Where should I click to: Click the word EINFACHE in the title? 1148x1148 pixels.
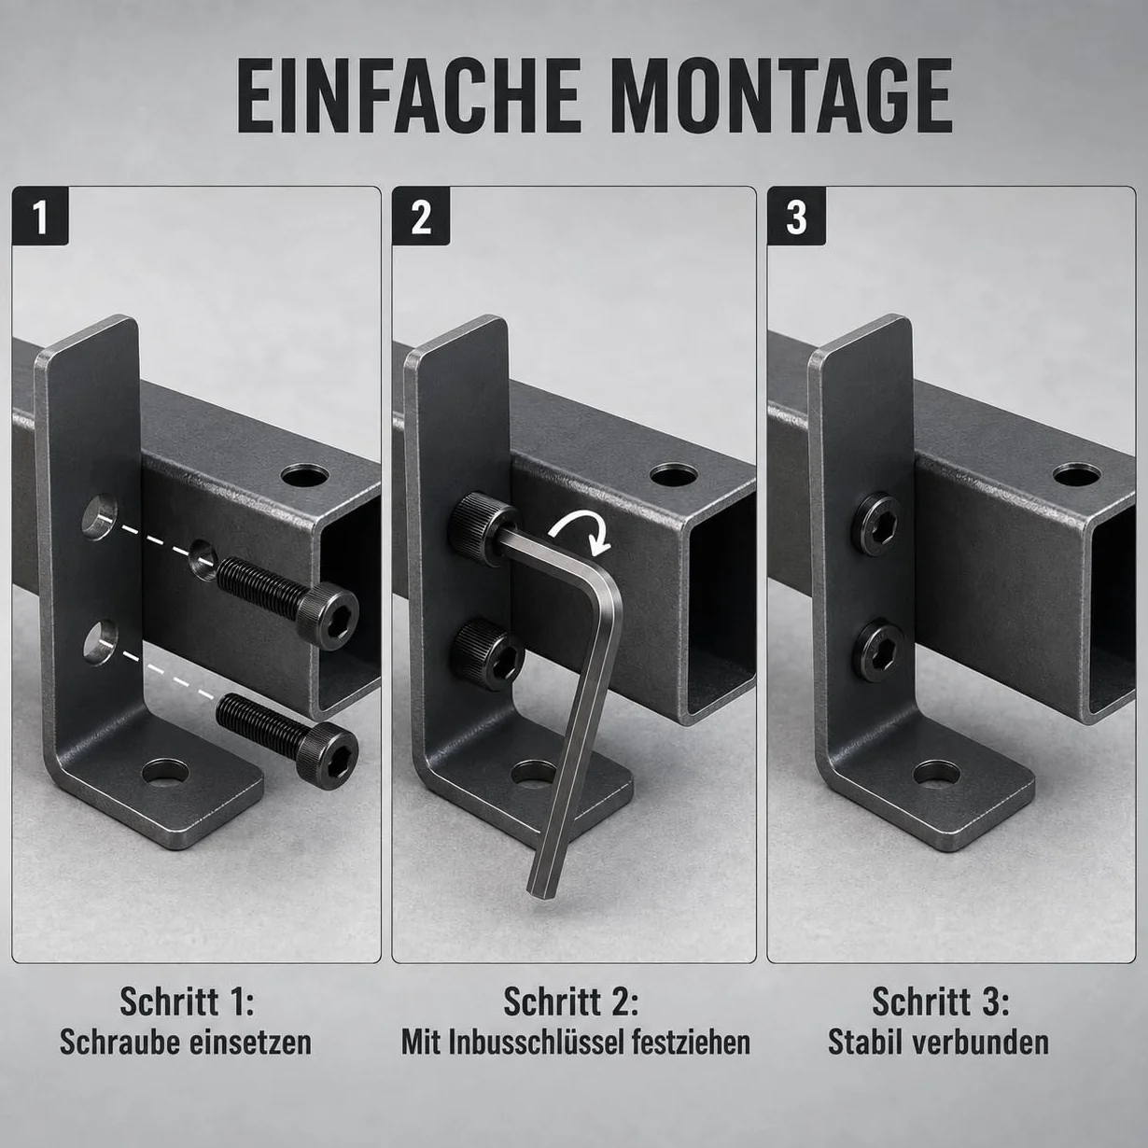(409, 96)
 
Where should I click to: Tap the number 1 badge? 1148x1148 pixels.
(40, 216)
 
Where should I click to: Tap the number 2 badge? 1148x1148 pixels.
(421, 216)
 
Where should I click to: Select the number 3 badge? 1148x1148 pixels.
(796, 216)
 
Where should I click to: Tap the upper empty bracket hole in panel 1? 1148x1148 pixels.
(100, 517)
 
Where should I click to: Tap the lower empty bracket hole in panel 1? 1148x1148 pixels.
(100, 642)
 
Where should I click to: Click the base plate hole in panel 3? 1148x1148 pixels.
(936, 772)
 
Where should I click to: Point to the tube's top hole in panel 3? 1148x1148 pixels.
(1076, 474)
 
